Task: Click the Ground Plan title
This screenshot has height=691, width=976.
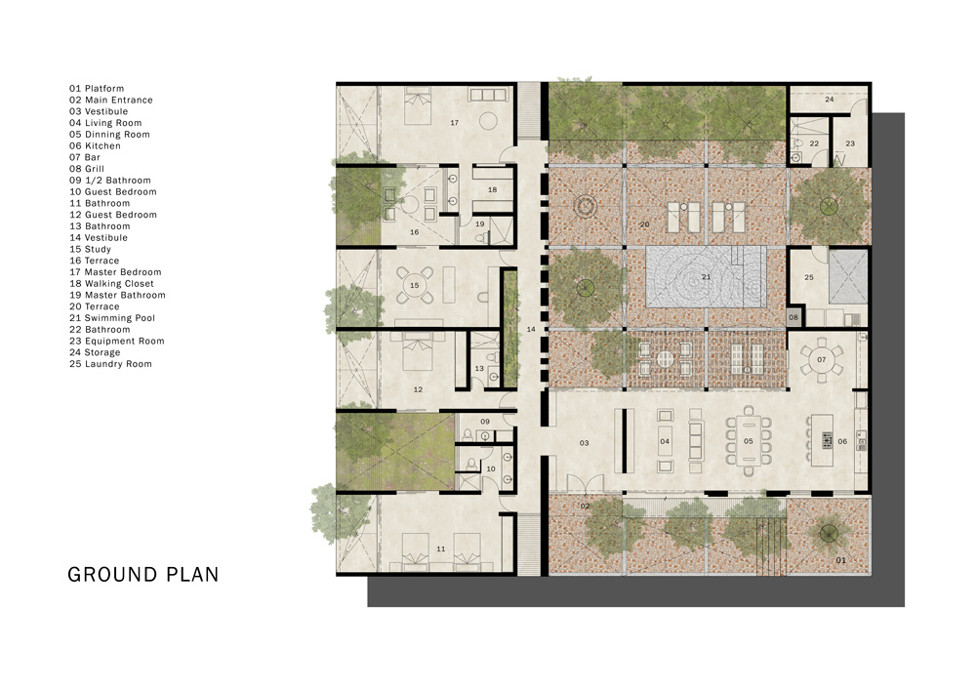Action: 143,575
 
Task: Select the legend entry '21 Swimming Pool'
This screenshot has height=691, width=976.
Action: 112,318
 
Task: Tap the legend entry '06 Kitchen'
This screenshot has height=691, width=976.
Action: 95,145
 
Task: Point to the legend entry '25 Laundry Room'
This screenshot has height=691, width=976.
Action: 110,364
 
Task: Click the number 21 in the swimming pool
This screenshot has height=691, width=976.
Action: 706,277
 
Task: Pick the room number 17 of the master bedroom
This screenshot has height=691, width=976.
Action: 455,123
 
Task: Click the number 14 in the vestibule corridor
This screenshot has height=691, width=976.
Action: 531,329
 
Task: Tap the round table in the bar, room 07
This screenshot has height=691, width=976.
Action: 821,360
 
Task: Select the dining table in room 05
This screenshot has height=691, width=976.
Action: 749,441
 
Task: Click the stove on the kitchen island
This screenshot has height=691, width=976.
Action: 828,440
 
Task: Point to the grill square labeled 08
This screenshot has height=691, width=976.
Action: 793,317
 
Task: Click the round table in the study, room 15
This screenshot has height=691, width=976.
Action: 415,286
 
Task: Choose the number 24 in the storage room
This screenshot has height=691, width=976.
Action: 829,99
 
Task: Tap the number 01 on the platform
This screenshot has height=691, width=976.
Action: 840,560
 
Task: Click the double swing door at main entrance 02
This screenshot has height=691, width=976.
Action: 585,483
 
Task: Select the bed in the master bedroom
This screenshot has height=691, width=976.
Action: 418,105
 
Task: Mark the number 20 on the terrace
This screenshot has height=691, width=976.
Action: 644,224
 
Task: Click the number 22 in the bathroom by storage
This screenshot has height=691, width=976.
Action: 814,143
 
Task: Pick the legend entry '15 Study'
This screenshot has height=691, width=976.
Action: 90,249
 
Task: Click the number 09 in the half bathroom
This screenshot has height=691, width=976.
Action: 485,422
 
